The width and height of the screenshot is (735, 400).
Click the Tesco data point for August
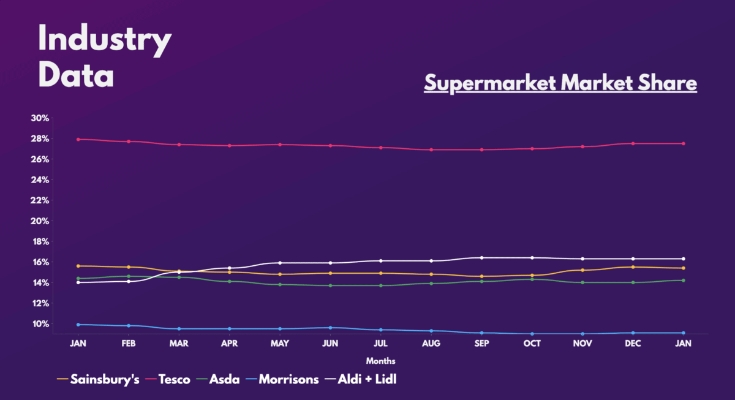[431, 149]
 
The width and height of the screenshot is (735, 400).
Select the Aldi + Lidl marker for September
[481, 258]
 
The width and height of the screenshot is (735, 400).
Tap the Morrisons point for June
[330, 328]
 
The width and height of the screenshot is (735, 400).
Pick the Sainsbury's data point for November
[582, 270]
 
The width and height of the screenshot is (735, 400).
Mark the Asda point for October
[532, 279]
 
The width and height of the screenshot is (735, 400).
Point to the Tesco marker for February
[129, 142]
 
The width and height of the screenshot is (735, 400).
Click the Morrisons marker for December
[633, 333]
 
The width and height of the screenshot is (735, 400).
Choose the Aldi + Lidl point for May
[280, 263]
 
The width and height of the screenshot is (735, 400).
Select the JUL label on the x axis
[380, 344]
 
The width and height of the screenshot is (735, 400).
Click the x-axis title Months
[380, 361]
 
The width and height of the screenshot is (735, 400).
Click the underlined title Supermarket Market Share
[560, 83]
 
